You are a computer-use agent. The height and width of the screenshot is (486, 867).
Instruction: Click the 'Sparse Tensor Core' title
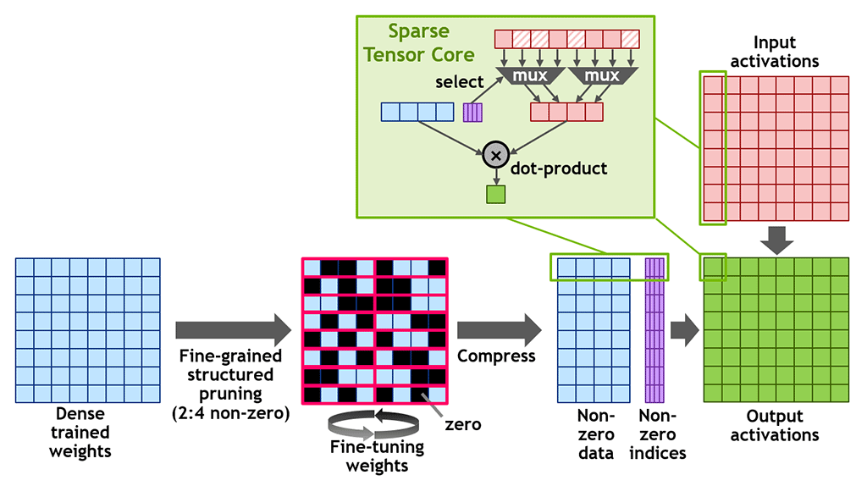pos(432,43)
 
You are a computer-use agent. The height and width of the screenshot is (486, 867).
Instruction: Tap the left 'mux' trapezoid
pos(527,76)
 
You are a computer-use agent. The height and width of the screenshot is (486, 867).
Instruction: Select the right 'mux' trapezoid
pos(602,76)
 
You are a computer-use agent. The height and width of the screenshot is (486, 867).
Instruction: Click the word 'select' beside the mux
pos(460,82)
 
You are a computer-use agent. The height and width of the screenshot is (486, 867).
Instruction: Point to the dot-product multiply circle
pos(495,154)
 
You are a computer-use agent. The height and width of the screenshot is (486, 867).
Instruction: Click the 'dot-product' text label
pos(559,168)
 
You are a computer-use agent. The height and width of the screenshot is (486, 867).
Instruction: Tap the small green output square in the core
pos(495,195)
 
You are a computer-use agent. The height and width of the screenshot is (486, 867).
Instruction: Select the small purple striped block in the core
pos(472,112)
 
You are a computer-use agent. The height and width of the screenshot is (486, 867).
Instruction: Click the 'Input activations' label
pos(776,52)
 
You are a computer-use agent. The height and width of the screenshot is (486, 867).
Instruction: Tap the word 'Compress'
pos(496,356)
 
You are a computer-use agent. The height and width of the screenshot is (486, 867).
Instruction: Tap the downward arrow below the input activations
pos(776,239)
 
